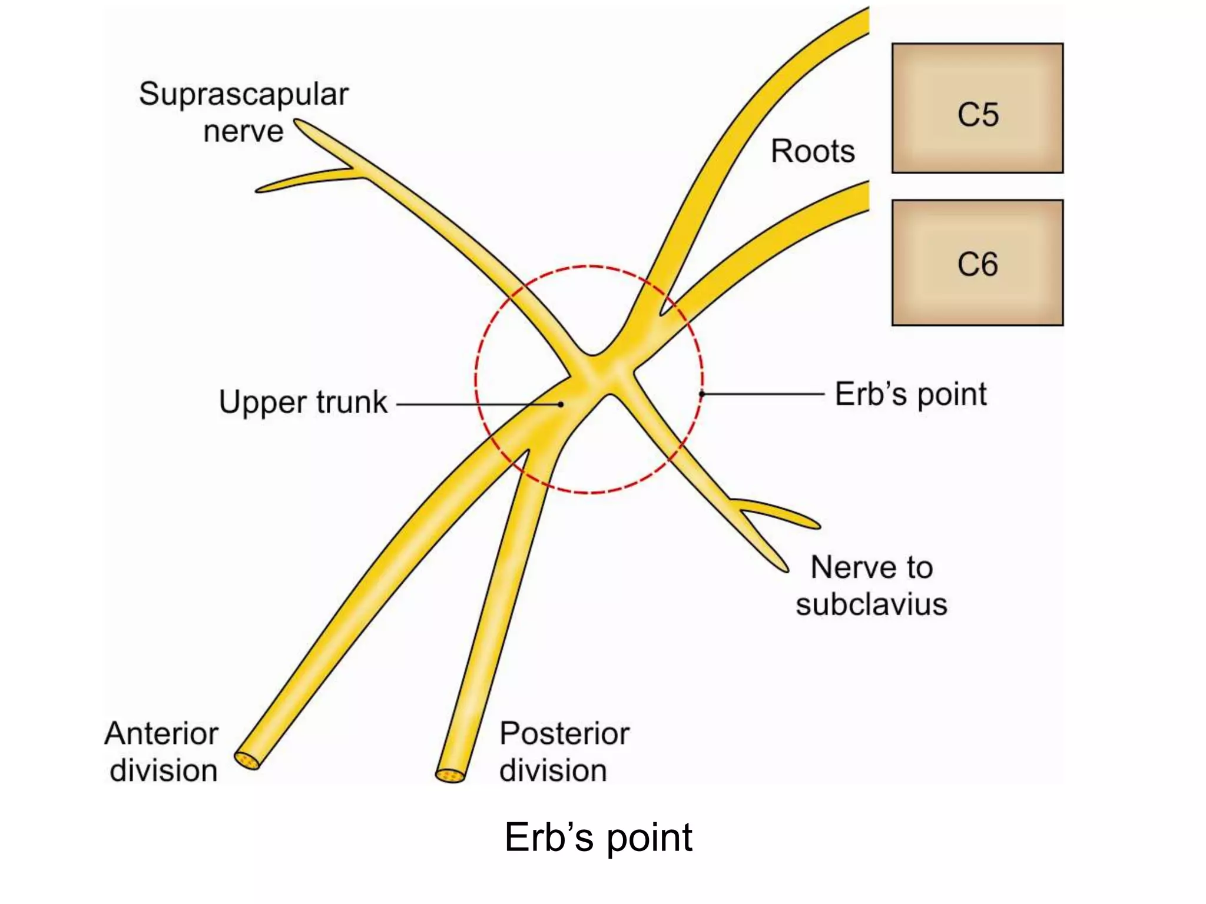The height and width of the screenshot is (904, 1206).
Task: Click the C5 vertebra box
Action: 977,108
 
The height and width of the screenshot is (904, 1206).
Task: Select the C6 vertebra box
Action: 977,262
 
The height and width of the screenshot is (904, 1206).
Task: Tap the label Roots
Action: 813,151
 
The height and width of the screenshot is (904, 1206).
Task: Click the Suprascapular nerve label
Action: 244,112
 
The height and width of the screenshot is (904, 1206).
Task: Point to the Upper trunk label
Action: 303,402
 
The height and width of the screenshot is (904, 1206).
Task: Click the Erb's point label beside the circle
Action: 910,394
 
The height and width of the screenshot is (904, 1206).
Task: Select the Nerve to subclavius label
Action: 872,586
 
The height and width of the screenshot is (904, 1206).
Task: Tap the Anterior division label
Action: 162,752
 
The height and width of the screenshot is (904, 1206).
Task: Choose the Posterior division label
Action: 564,752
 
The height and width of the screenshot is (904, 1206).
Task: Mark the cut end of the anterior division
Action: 247,760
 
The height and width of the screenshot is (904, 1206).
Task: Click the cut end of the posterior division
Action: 450,776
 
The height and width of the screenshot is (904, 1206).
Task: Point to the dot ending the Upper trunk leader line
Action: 561,404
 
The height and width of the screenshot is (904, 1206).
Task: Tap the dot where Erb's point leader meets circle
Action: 702,394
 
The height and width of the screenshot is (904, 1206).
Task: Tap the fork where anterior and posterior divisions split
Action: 526,452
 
